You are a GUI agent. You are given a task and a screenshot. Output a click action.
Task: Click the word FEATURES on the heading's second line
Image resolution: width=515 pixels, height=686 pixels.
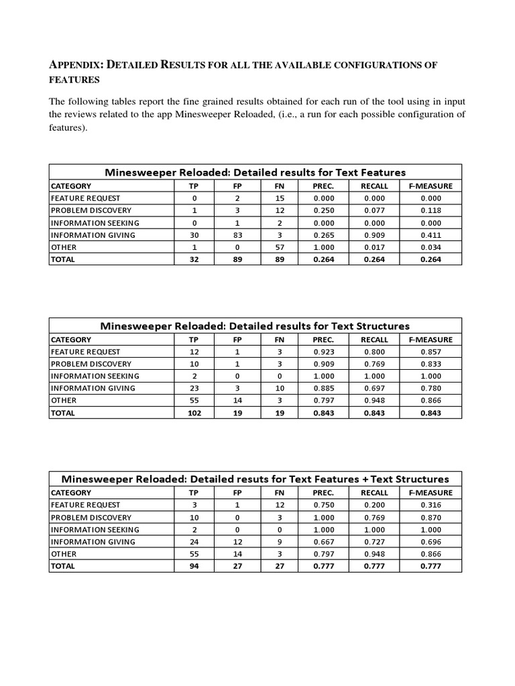[74, 79]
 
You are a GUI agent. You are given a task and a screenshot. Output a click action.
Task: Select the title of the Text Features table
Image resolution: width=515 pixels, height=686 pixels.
[255, 172]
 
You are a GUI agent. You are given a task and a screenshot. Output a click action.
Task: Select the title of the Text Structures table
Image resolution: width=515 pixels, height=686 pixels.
[255, 326]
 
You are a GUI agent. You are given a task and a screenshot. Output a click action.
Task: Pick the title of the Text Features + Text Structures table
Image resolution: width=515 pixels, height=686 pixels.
[255, 479]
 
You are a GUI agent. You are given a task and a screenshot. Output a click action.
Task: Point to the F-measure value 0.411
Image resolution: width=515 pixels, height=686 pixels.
[431, 235]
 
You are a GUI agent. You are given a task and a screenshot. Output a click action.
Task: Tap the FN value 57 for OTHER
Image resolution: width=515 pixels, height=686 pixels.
[280, 247]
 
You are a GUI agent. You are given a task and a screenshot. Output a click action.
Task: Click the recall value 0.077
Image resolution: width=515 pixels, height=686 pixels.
[374, 210]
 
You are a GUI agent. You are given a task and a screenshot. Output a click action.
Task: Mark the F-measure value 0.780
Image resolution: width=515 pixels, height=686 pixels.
[431, 389]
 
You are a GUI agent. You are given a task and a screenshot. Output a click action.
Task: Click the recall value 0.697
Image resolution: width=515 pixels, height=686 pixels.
[374, 389]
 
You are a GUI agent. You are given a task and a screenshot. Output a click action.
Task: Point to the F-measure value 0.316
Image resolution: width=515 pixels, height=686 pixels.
[431, 505]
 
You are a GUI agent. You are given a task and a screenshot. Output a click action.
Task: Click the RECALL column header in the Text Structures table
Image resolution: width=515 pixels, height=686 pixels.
[374, 340]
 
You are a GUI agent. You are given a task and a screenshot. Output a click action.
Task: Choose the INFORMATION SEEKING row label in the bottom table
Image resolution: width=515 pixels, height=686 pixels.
[95, 529]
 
